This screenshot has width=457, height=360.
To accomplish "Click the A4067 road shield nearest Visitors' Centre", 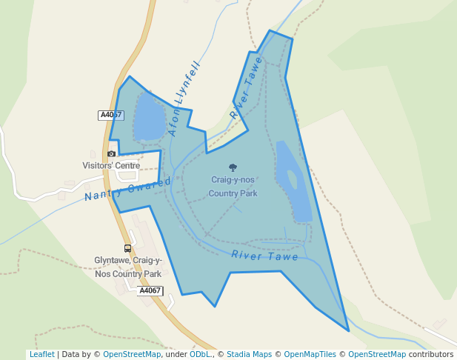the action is pyautogui.click(x=110, y=115).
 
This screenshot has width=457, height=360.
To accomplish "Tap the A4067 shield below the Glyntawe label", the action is pyautogui.click(x=150, y=291).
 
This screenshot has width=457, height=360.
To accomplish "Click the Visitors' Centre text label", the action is pyautogui.click(x=111, y=166).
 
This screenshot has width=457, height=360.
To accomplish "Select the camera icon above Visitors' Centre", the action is pyautogui.click(x=111, y=153).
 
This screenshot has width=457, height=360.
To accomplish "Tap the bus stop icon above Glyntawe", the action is pyautogui.click(x=127, y=249).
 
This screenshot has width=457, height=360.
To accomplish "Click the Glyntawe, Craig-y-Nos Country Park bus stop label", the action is pyautogui.click(x=127, y=267).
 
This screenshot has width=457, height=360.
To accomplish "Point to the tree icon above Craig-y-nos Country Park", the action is pyautogui.click(x=233, y=168).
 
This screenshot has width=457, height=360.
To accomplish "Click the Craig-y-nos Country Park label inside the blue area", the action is pyautogui.click(x=233, y=187).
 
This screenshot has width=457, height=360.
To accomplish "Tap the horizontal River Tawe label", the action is pyautogui.click(x=264, y=256).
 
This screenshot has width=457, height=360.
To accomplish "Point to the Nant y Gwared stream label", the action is pyautogui.click(x=127, y=189).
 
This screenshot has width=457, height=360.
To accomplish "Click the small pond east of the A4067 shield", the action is pyautogui.click(x=149, y=116).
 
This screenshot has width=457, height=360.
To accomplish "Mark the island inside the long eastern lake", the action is pyautogui.click(x=293, y=179).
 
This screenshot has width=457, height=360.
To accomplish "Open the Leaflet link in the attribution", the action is pyautogui.click(x=41, y=355).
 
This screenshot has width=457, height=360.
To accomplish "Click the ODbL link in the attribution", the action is pyautogui.click(x=200, y=355).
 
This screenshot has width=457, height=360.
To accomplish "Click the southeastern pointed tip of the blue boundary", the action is pyautogui.click(x=348, y=330).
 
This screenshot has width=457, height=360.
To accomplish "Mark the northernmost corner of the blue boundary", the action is pyautogui.click(x=270, y=31).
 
